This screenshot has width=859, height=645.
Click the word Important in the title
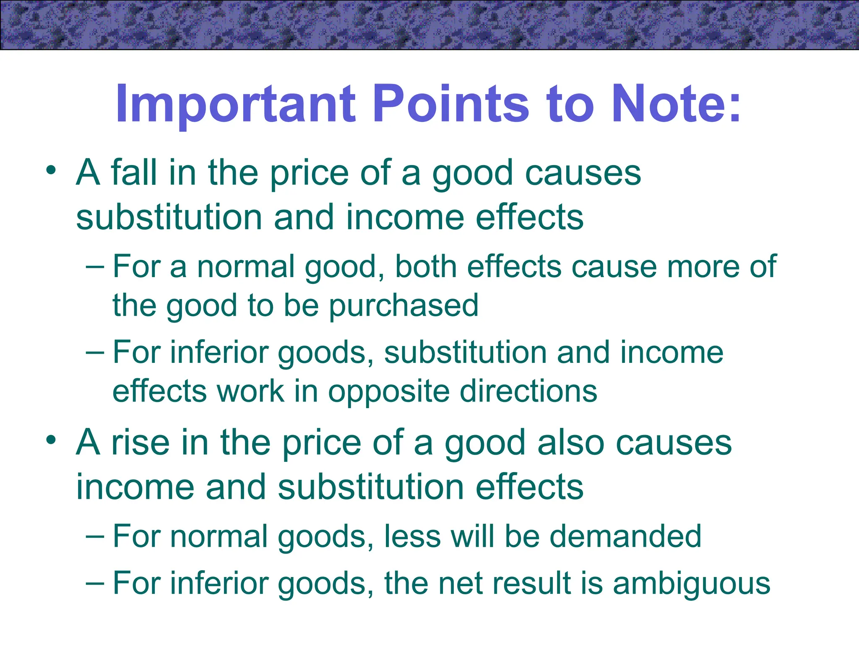(235, 104)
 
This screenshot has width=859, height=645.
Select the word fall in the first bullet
(134, 173)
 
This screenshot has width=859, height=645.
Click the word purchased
(403, 306)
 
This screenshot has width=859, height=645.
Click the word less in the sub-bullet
(412, 536)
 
